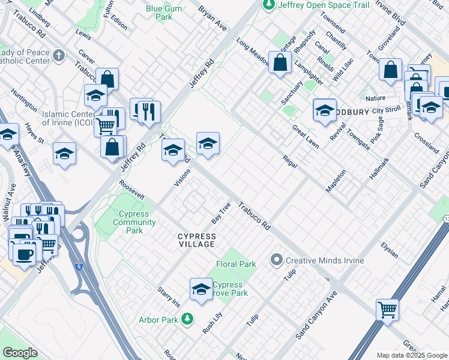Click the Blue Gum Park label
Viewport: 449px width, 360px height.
point(159,13)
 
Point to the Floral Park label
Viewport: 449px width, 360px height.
point(236,264)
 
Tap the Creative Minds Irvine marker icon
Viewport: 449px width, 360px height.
point(276,260)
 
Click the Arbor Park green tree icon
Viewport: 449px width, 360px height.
point(188,318)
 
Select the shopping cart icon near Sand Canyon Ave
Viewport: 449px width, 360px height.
point(387,310)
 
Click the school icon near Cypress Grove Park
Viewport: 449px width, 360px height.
point(200,289)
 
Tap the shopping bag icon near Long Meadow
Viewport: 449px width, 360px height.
point(280,62)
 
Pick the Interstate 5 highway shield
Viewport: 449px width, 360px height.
point(79,266)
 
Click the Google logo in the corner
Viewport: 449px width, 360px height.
point(19,353)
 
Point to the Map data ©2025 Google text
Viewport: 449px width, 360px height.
point(411,355)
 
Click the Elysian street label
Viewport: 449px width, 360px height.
point(389,250)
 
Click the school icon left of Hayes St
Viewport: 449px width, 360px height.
point(8,134)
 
